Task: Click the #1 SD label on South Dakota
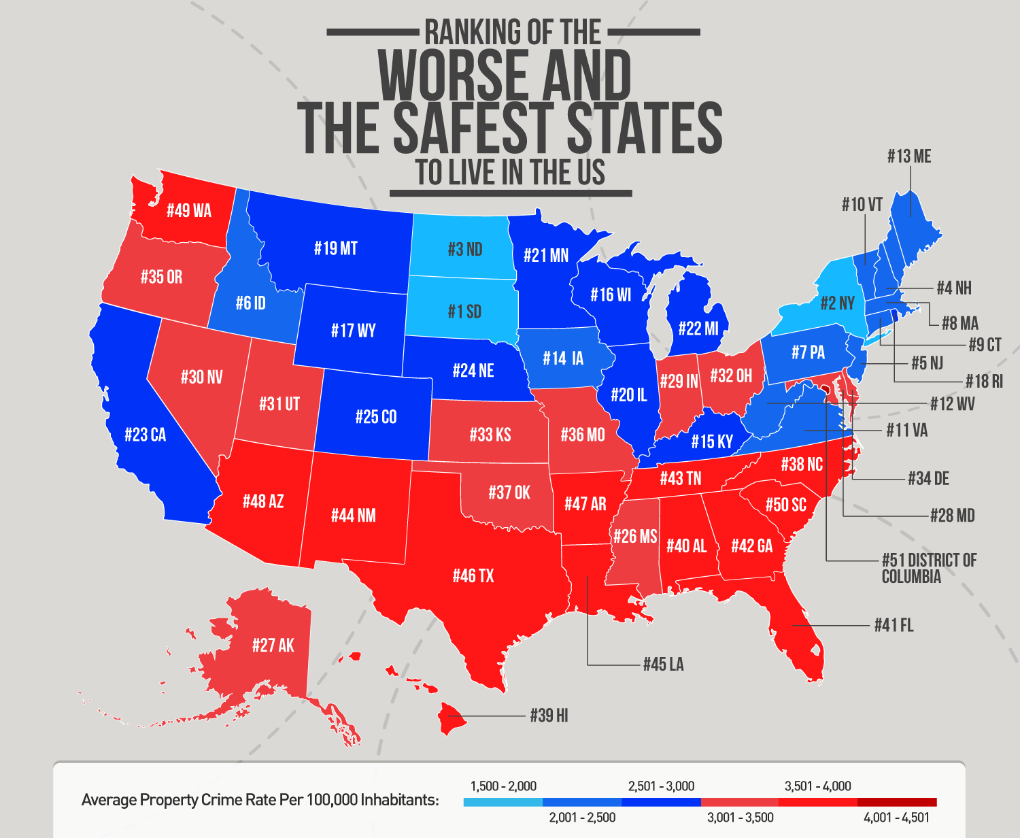point(464,312)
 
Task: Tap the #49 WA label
point(189,210)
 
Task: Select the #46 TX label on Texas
point(473,576)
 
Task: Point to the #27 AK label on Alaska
point(273,645)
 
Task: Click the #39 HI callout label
point(549,716)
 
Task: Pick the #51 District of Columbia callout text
point(928,569)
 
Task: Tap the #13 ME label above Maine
point(909,156)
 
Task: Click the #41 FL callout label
point(894,625)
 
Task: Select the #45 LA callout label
point(663,665)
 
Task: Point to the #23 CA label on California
point(145,435)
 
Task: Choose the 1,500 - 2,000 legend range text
point(503,786)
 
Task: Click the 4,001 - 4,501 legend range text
point(896,818)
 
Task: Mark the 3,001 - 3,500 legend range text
point(740,818)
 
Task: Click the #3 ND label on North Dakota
point(465,250)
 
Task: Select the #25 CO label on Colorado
point(375,417)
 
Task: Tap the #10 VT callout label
point(862,205)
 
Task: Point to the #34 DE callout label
point(928,479)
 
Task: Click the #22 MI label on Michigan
point(698,329)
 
